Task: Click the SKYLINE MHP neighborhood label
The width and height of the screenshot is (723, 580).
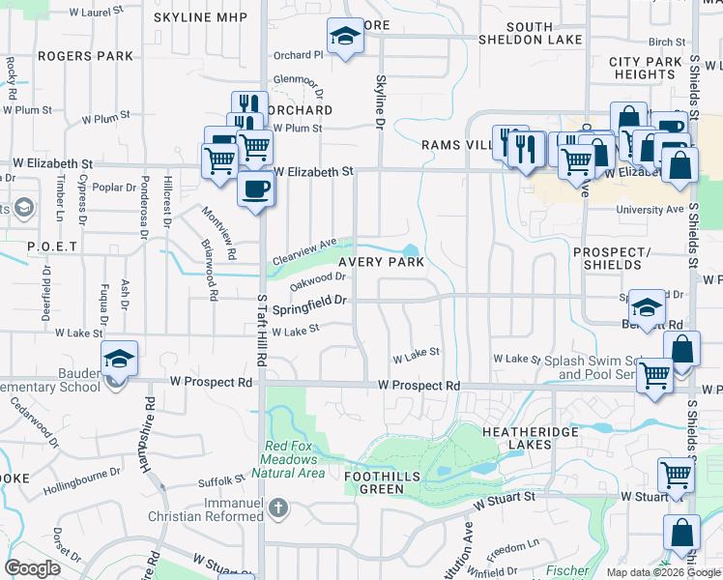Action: pos(200,18)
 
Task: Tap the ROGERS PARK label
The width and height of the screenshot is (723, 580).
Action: pos(85,56)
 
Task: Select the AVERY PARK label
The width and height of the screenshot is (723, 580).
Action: pos(381,262)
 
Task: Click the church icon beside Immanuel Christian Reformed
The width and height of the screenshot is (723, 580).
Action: pos(277,507)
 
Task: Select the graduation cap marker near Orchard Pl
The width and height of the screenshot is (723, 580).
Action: pos(342,38)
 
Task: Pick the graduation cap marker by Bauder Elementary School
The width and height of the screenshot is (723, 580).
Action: pos(120,359)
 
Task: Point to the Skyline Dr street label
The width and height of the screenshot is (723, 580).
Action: pos(380,103)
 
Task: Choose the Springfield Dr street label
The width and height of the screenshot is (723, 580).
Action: pos(309,304)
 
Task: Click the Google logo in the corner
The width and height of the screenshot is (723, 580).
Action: pos(32,568)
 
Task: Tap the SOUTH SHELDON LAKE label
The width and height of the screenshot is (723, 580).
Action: pos(529,33)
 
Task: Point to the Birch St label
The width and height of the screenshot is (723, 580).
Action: pos(667,42)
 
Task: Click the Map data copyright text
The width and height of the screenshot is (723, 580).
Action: pos(662,572)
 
